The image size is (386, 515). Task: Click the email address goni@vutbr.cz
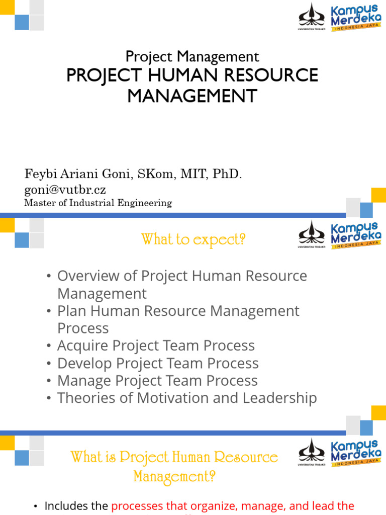(x=65, y=190)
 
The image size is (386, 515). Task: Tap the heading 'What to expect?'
(x=194, y=240)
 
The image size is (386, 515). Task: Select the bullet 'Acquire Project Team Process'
(x=156, y=346)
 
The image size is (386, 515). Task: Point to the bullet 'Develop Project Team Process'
(x=158, y=364)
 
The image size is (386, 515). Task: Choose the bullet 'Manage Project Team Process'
(x=157, y=381)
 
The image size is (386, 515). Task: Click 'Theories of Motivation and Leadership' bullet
(x=187, y=398)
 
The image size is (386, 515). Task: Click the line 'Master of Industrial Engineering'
(x=98, y=203)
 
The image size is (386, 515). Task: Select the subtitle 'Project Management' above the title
(x=192, y=56)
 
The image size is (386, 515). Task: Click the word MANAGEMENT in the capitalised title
(x=192, y=96)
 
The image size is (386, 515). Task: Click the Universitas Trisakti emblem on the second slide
(x=312, y=234)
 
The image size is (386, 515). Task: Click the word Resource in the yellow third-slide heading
(x=246, y=457)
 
